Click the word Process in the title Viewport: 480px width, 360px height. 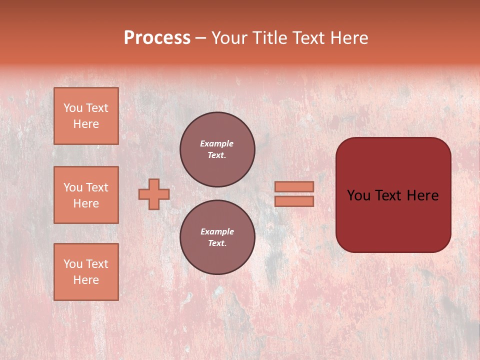tap(157, 38)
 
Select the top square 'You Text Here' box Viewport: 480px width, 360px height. tap(86, 116)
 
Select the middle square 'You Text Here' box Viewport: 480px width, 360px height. tap(86, 195)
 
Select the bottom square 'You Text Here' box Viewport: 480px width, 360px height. tap(86, 272)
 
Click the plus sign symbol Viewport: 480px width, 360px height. tap(154, 194)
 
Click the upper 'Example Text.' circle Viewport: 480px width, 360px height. tap(217, 149)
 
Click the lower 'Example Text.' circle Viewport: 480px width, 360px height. tap(217, 237)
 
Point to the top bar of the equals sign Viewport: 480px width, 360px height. tap(294, 186)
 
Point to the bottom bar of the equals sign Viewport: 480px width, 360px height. tap(294, 201)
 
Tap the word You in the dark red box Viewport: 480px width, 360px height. tap(358, 195)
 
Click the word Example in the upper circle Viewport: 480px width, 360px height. tap(217, 143)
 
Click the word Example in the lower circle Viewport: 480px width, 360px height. tap(217, 231)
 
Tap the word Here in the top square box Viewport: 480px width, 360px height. tap(86, 124)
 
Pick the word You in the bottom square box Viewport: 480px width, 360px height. tap(73, 264)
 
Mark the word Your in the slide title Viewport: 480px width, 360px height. tap(230, 38)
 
